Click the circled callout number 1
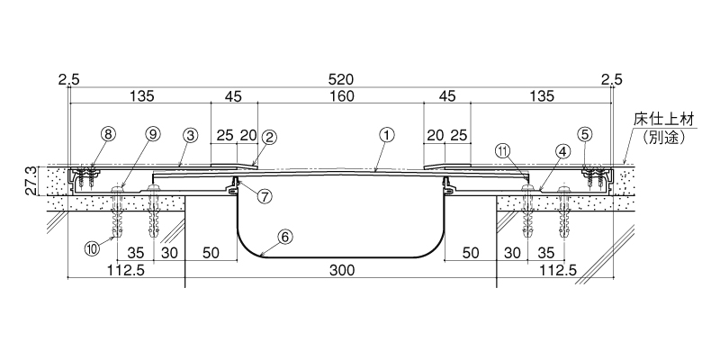point(387,135)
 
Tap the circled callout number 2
point(269,137)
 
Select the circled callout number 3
point(190,135)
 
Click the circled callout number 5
point(586,134)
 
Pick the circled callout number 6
point(284,237)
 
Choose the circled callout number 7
point(264,196)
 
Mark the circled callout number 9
point(153,134)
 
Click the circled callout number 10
point(92,249)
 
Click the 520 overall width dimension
point(341,80)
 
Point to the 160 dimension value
point(341,96)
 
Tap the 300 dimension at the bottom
point(342,271)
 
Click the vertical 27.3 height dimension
point(31,181)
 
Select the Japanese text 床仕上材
point(664,121)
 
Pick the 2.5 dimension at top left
point(69,80)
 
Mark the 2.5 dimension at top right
point(612,80)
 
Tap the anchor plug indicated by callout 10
point(119,216)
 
